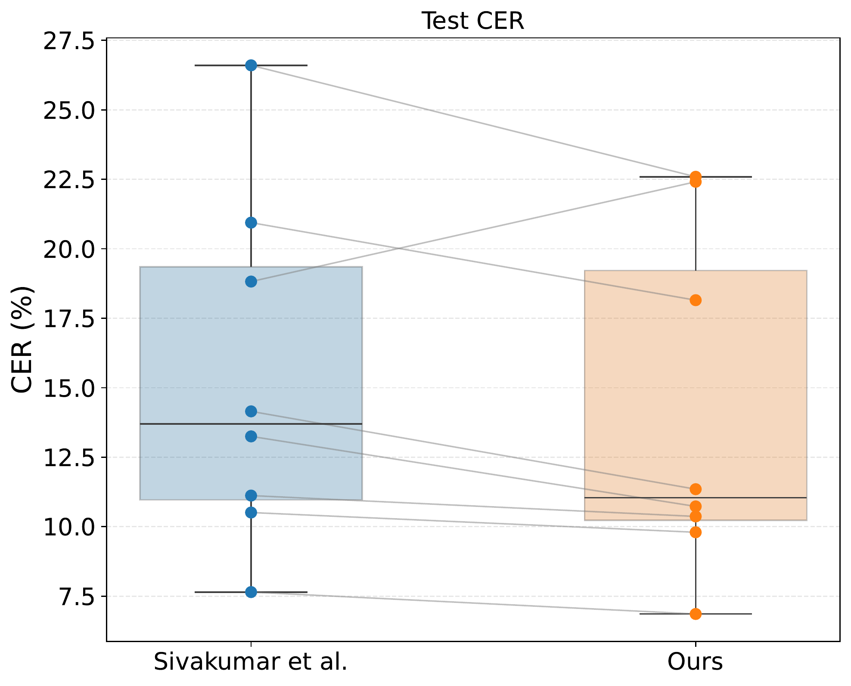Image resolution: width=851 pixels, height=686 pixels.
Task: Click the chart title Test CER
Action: [473, 21]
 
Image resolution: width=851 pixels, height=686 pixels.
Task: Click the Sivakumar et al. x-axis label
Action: [251, 662]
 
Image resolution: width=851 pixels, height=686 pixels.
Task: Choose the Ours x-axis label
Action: [695, 662]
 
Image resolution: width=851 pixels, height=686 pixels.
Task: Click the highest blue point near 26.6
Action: [251, 65]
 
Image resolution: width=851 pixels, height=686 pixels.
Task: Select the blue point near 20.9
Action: [251, 222]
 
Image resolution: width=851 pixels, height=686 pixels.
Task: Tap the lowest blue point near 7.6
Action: [251, 592]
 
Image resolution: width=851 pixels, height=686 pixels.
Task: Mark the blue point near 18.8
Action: [251, 281]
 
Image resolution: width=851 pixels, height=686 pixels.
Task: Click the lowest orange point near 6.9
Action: [696, 614]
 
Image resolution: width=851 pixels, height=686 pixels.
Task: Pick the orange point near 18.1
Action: [696, 300]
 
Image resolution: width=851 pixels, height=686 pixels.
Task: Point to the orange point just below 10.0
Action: [696, 532]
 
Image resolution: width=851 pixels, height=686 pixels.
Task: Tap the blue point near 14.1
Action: [251, 411]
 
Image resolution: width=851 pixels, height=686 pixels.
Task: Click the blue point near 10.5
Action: [251, 513]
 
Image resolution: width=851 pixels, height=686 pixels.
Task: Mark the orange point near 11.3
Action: [696, 489]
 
